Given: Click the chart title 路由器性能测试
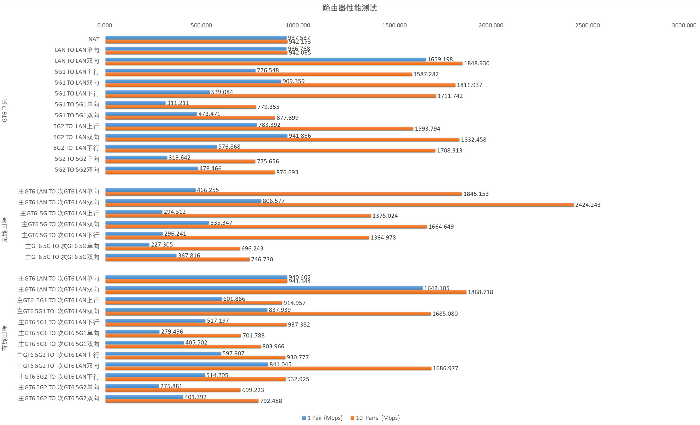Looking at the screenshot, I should click(349, 8).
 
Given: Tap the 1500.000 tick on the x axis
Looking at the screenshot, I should click(394, 25).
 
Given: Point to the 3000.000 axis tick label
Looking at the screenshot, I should click(684, 25).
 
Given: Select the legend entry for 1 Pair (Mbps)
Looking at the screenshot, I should click(322, 418).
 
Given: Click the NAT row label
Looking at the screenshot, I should click(94, 39).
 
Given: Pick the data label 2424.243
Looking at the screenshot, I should click(588, 205).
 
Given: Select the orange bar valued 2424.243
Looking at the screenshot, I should click(339, 205).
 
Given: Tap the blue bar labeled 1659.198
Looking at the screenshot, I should click(266, 59).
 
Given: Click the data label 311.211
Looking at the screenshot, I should click(178, 103).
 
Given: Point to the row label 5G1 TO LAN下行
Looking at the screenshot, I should click(77, 93).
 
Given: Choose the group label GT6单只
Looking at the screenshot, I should click(5, 111).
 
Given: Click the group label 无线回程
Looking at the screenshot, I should click(5, 230).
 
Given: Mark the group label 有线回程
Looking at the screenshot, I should click(5, 338).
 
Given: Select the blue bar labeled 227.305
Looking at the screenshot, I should click(127, 244).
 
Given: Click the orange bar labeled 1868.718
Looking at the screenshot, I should click(286, 292).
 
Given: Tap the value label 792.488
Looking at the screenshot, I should click(271, 401).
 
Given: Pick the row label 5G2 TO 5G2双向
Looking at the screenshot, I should click(77, 170).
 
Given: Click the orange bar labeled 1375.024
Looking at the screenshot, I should click(238, 216).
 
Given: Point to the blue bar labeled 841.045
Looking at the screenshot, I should click(187, 364).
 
